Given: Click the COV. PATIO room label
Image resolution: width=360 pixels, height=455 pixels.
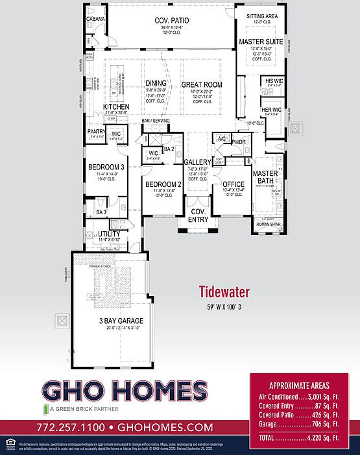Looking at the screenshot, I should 172,21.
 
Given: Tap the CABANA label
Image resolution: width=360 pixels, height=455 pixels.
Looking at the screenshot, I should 95,19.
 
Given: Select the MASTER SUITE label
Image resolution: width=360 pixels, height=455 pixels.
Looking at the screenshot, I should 259,41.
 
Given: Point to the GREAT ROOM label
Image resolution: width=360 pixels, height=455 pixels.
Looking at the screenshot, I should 202,84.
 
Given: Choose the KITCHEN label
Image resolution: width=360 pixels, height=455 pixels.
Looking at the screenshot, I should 116,106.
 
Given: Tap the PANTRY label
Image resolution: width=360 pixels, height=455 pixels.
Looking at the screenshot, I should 97,131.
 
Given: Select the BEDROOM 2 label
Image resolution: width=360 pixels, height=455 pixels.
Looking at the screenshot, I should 163,184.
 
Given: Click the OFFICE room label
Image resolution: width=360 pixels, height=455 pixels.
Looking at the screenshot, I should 233,184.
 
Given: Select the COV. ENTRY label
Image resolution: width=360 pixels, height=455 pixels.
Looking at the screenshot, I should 197,215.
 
